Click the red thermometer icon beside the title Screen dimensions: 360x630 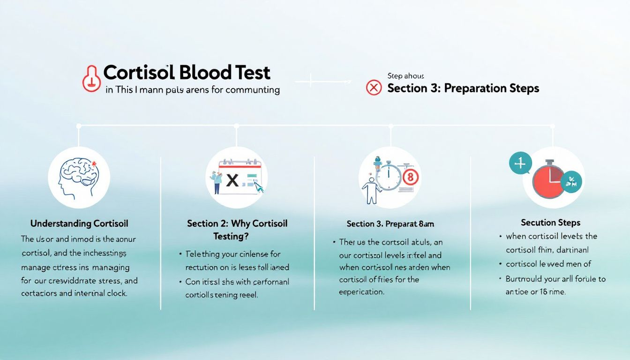pos(91,78)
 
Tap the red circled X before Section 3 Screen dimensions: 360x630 pos(374,88)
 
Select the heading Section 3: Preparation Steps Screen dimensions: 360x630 pos(463,88)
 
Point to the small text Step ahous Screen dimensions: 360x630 pos(406,76)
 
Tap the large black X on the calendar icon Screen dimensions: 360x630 pos(232,180)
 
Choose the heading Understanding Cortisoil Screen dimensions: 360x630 pos(79,224)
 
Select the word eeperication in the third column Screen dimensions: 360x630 pos(361,292)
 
